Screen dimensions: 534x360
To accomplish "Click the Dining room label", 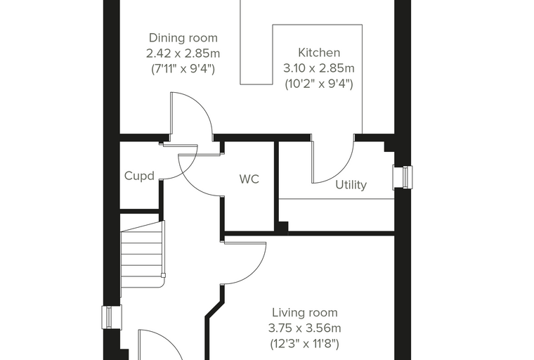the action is (183, 38).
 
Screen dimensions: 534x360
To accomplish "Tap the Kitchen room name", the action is (319, 53).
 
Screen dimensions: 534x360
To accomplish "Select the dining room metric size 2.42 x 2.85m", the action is (183, 53).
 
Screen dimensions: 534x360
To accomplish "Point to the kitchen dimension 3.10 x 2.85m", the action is (319, 68).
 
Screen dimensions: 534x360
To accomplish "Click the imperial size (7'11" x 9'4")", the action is (183, 69).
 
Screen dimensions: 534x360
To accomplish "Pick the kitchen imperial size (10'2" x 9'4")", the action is (319, 84).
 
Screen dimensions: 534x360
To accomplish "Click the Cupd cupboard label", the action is (139, 176).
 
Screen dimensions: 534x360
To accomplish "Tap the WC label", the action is (249, 179).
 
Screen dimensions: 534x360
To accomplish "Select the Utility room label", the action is (351, 185).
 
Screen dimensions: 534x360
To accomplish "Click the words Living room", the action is (305, 313).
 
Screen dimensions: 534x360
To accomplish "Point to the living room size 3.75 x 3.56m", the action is (305, 328).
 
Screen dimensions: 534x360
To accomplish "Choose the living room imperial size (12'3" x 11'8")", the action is (305, 344).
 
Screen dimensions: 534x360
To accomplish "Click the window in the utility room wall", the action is (403, 177).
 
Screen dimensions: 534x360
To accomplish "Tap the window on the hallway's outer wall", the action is (112, 317).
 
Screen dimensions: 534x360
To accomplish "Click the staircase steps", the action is (143, 254).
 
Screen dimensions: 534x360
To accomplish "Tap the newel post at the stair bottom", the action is (164, 276).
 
